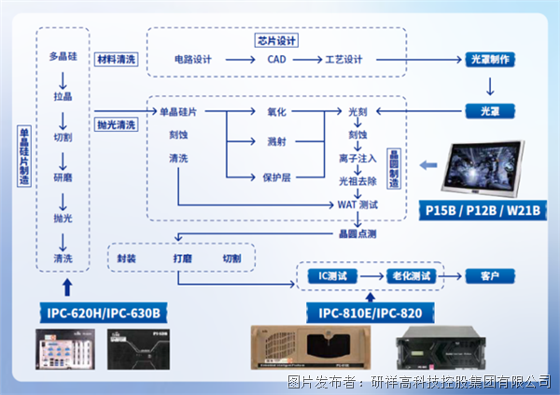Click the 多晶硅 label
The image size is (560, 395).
tap(63, 57)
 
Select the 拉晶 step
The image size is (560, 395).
tap(63, 96)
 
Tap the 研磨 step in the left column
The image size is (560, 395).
tap(63, 176)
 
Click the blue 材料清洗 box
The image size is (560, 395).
tap(117, 60)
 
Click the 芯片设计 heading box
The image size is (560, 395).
tap(276, 41)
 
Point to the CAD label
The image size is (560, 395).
tap(277, 60)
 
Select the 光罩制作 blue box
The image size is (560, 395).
tap(486, 60)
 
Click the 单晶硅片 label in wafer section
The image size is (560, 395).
tap(177, 112)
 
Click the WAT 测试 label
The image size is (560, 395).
tap(357, 204)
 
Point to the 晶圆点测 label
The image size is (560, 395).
tap(357, 233)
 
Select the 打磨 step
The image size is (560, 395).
tap(182, 258)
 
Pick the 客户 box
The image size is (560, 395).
tap(489, 276)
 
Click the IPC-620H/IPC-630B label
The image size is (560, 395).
tap(103, 311)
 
